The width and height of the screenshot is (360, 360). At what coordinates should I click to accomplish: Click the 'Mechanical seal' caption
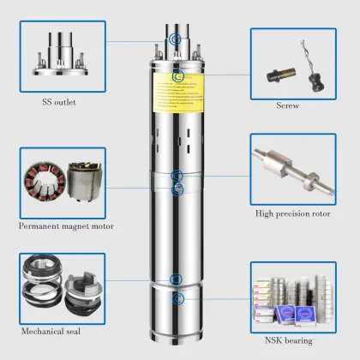(57, 329)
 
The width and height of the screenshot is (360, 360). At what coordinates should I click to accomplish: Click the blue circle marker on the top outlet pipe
(177, 39)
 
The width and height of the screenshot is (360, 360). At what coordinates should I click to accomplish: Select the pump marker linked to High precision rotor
(177, 177)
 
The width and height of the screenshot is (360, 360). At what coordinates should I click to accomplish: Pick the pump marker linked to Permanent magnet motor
(177, 189)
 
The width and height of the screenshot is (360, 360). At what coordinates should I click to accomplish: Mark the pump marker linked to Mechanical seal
(177, 279)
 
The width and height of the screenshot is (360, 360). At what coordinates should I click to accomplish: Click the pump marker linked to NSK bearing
(178, 299)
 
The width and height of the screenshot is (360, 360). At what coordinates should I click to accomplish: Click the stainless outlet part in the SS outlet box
(61, 55)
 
